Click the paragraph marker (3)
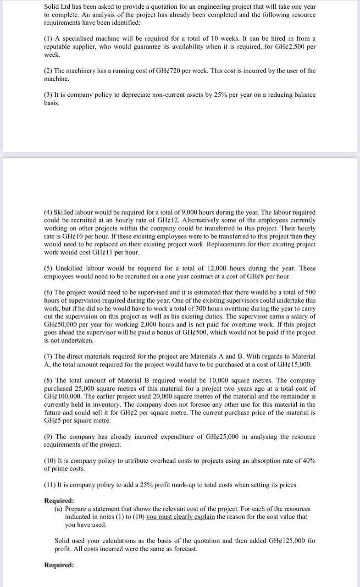coord(48,95)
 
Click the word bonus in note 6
coord(180,332)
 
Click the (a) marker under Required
coord(59,509)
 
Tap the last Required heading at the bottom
coord(59,565)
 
